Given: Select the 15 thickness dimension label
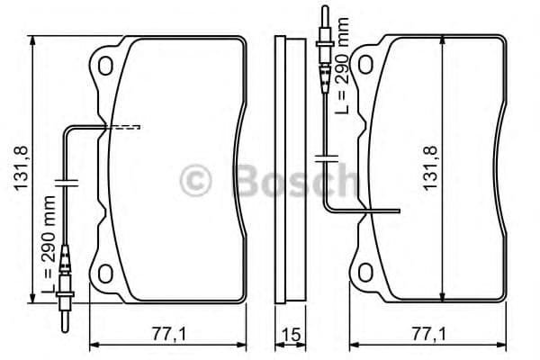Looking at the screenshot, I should [x=290, y=334].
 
